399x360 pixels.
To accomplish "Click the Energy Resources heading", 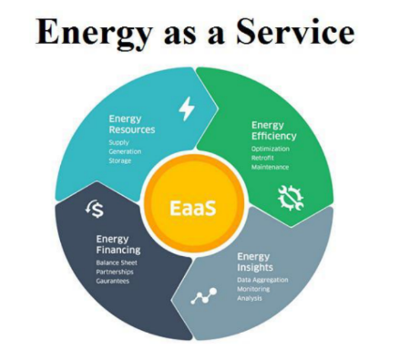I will [x=131, y=124].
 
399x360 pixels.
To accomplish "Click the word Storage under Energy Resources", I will [x=120, y=160].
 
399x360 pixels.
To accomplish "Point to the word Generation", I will [x=125, y=150].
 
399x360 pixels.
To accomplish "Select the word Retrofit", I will [x=265, y=156].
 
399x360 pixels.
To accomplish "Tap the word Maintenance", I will [x=272, y=166].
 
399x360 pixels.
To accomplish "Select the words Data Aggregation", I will [x=262, y=279].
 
